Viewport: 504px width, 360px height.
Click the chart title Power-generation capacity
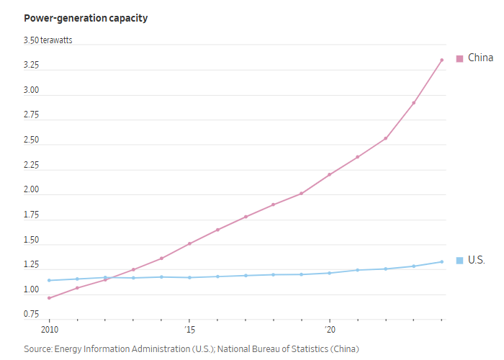pyautogui.click(x=86, y=18)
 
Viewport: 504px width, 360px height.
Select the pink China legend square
pyautogui.click(x=459, y=58)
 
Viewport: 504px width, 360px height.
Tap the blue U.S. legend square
pyautogui.click(x=459, y=260)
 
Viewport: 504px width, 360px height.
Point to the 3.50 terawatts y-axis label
pyautogui.click(x=48, y=40)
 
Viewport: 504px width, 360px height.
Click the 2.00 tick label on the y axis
pyautogui.click(x=32, y=194)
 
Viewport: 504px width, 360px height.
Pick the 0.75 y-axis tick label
pyautogui.click(x=32, y=315)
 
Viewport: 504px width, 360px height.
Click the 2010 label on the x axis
pyautogui.click(x=49, y=330)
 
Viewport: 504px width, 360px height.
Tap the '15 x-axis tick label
pyautogui.click(x=189, y=330)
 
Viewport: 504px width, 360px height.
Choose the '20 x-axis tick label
pyautogui.click(x=329, y=330)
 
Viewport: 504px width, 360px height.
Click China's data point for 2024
pyautogui.click(x=441, y=60)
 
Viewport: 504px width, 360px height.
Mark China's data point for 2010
pyautogui.click(x=49, y=298)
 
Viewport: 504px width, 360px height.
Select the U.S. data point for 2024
pyautogui.click(x=441, y=261)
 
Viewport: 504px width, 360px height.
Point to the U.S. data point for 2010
pyautogui.click(x=49, y=280)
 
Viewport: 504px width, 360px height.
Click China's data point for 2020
pyautogui.click(x=329, y=174)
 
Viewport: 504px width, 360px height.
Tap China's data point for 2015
pyautogui.click(x=189, y=243)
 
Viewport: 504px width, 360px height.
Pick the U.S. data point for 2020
pyautogui.click(x=329, y=273)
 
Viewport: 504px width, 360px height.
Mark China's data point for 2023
pyautogui.click(x=413, y=102)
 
